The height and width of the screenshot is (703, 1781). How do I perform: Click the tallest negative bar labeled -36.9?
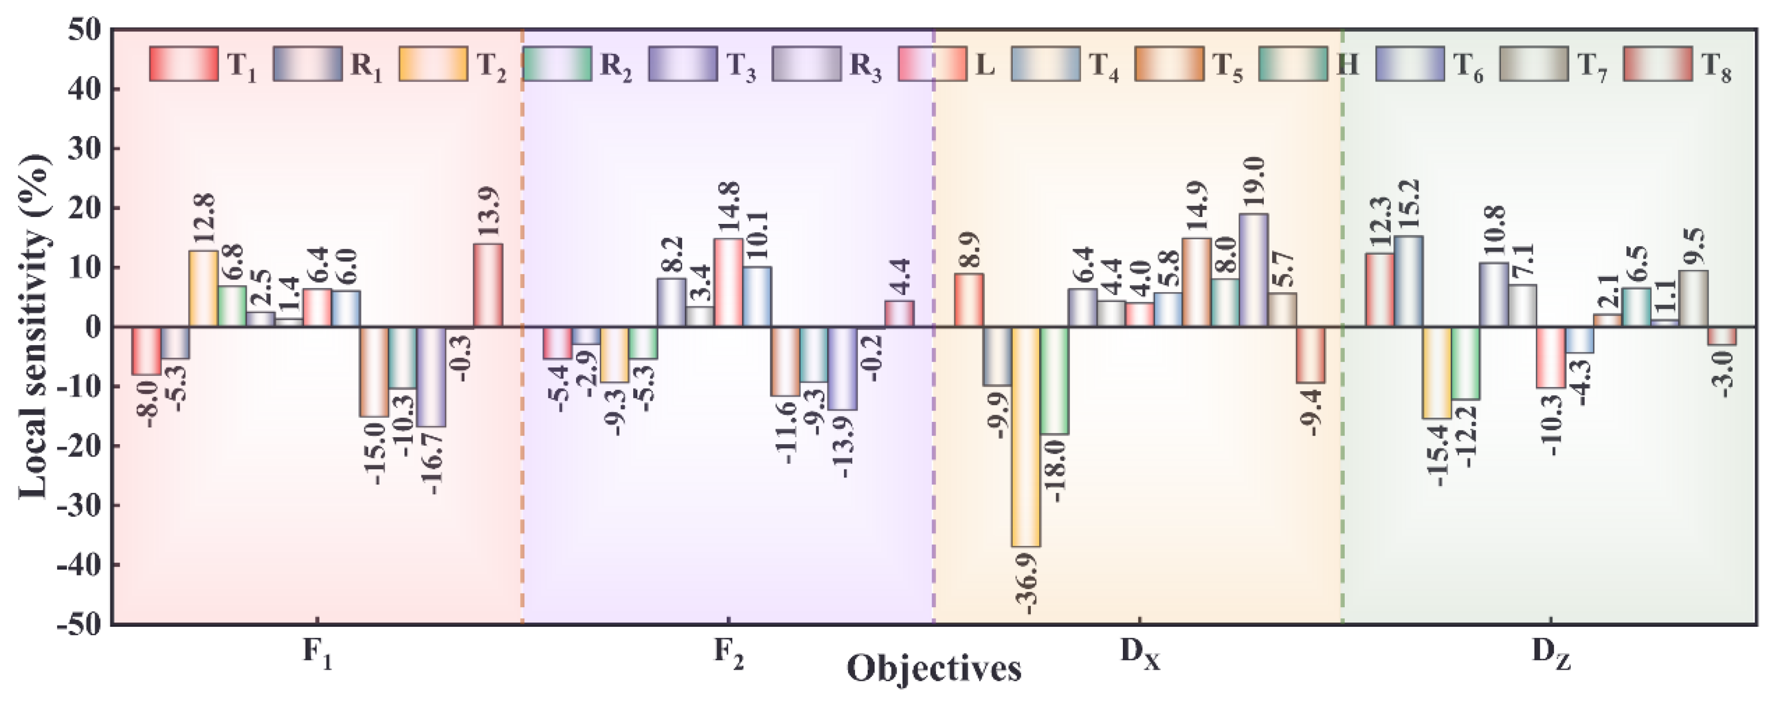coord(1026,436)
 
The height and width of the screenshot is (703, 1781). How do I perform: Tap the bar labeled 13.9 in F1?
coord(488,285)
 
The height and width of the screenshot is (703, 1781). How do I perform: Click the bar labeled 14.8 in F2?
coord(728,282)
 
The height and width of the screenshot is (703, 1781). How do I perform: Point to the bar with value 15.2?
coord(1408,281)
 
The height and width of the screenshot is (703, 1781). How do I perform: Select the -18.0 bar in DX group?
coord(1054,380)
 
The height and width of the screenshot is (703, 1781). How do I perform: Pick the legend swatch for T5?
coord(1169,64)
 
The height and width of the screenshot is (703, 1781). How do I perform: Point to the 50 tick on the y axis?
coord(86,30)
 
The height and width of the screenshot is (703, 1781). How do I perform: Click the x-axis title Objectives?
coord(933,669)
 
